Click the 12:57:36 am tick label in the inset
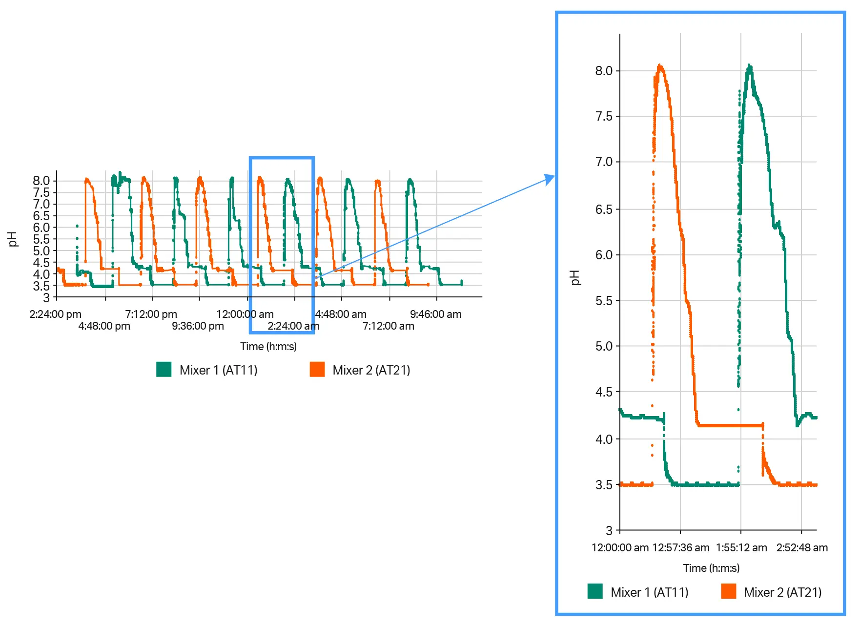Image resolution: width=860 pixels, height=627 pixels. (680, 547)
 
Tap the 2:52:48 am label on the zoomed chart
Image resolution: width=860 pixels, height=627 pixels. (802, 547)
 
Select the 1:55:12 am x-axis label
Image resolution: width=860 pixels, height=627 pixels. (741, 547)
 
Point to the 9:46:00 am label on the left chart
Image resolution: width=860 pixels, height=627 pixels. (435, 314)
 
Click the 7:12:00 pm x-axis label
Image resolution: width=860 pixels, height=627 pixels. (151, 314)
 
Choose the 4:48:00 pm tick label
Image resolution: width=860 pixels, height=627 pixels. (104, 326)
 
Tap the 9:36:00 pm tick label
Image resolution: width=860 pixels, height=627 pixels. (198, 326)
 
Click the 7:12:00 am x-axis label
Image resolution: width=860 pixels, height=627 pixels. (388, 326)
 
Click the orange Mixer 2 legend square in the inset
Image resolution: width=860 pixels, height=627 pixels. (728, 591)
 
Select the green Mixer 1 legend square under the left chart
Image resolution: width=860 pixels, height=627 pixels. (164, 369)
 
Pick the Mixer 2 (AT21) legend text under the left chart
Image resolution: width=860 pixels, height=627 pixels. (371, 370)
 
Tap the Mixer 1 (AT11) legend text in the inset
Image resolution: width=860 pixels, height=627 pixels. (649, 592)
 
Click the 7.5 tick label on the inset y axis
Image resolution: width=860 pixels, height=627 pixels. (603, 116)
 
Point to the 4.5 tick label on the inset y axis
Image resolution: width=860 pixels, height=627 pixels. (603, 392)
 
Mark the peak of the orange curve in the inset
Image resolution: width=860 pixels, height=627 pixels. (660, 65)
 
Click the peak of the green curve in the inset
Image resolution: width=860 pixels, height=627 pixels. (749, 65)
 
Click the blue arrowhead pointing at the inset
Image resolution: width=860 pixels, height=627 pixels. (551, 178)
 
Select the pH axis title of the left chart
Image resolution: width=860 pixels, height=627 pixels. (13, 239)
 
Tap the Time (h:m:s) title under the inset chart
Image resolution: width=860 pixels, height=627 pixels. (711, 568)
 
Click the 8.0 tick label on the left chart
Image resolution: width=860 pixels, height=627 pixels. (41, 181)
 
